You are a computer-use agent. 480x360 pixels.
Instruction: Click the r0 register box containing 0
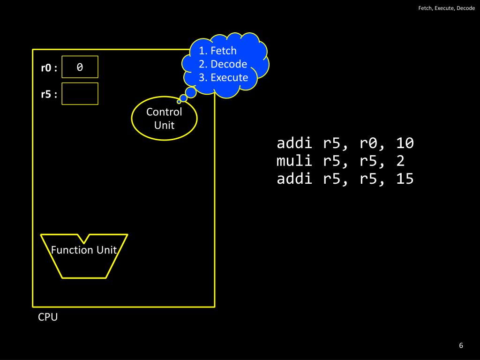point(80,67)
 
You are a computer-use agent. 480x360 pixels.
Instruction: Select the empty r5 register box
point(80,94)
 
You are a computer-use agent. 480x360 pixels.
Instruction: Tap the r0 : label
point(49,68)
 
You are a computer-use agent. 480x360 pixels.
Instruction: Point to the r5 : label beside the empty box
point(49,94)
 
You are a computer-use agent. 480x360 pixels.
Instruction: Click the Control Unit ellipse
point(164,119)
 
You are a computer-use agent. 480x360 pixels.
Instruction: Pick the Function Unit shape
point(84,255)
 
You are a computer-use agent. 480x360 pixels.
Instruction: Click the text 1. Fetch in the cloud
point(217,51)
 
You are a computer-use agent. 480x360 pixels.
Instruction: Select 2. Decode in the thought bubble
point(223,64)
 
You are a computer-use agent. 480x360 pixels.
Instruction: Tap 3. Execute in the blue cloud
point(223,77)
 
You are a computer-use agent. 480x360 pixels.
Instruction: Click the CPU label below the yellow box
point(48,317)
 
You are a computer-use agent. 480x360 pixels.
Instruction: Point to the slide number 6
point(461,345)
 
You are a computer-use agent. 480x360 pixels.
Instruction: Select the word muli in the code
point(294,161)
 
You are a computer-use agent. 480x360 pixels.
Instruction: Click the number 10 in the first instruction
point(405,143)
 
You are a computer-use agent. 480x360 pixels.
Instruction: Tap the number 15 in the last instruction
point(405,179)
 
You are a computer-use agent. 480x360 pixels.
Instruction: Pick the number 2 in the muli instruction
point(400,161)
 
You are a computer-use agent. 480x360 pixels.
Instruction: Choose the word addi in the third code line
point(294,179)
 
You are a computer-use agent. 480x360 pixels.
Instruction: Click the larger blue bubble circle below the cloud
point(191,92)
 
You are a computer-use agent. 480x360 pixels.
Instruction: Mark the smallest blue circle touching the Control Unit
point(179,101)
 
